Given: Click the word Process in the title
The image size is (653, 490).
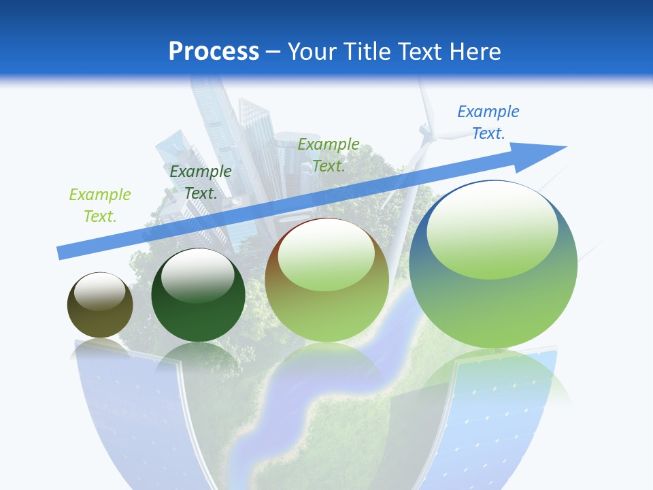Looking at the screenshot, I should tap(214, 51).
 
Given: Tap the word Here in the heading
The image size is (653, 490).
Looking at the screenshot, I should tap(475, 52).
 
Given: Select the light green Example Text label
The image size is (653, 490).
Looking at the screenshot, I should tap(100, 206).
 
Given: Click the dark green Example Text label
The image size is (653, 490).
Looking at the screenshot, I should tap(201, 182).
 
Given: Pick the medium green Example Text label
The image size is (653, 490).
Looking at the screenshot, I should tap(329, 155).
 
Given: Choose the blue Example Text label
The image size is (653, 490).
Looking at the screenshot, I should tap(488, 122).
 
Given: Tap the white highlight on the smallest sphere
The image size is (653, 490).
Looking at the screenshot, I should tap(100, 291).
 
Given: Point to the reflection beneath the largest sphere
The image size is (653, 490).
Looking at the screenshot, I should tap(493, 381).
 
